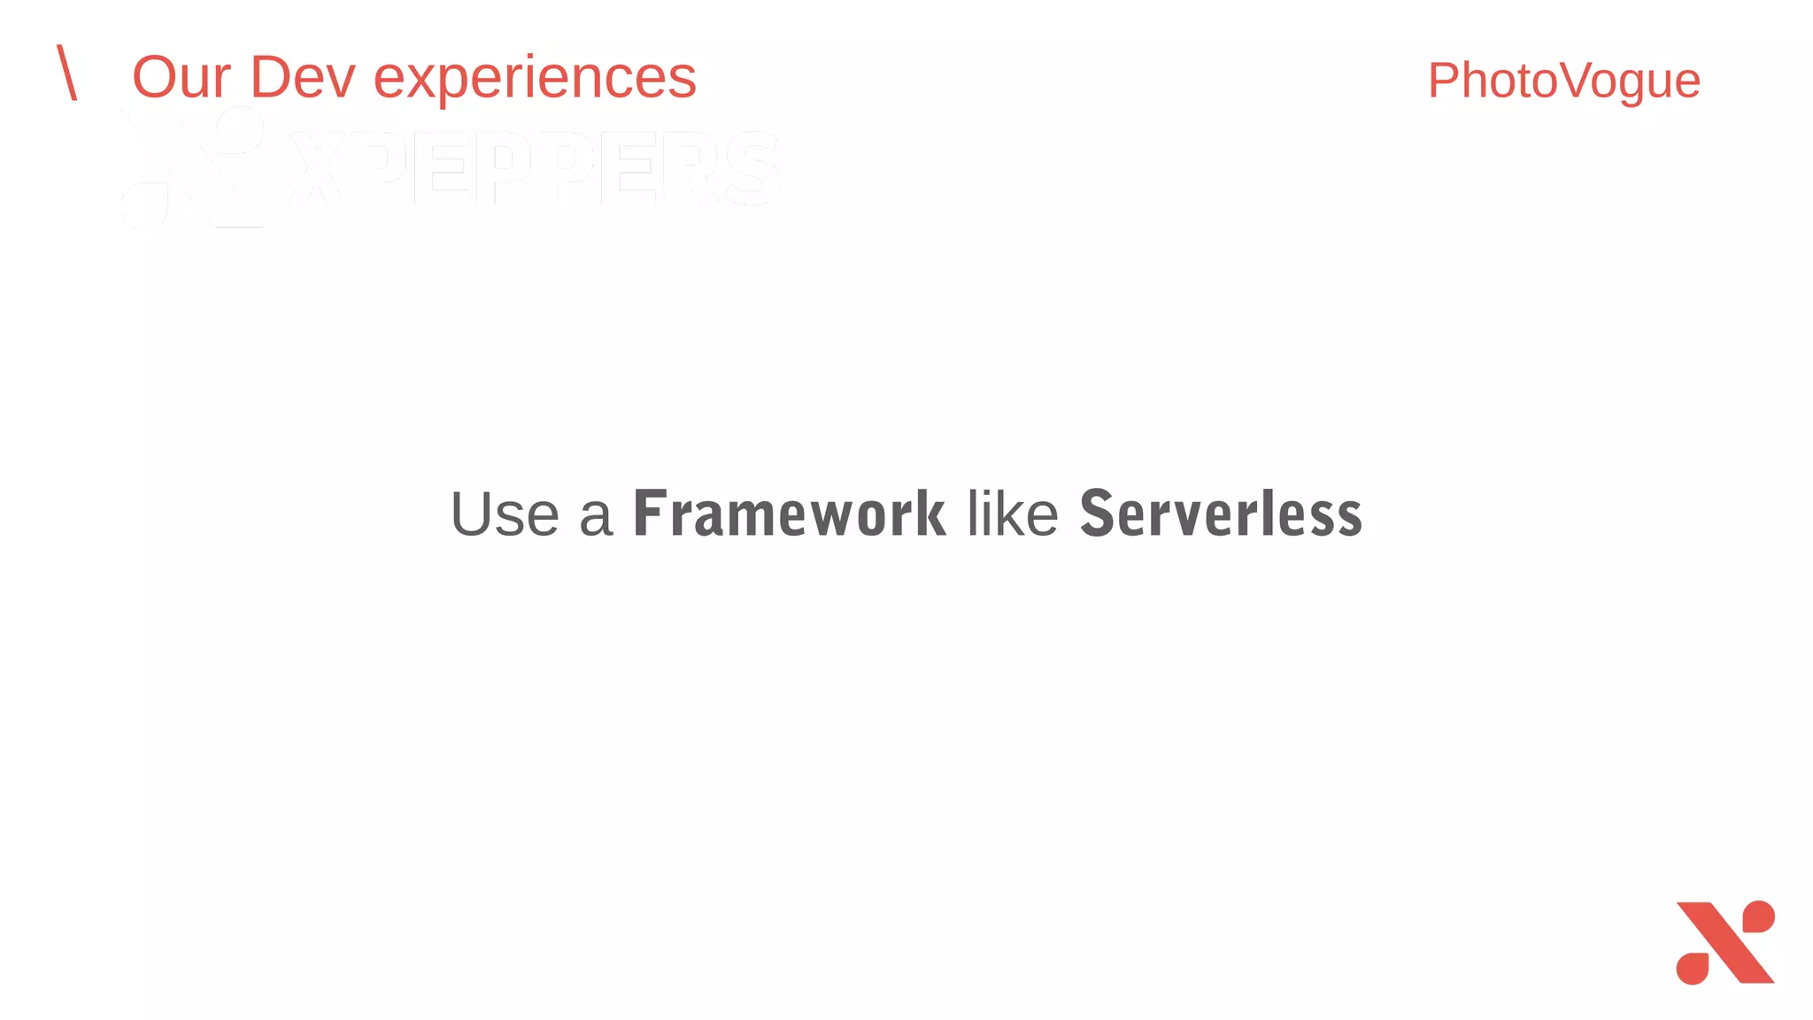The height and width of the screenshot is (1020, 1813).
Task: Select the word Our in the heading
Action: [181, 78]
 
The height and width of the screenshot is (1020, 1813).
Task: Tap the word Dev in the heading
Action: [303, 78]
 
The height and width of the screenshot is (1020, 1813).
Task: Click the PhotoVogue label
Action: [1563, 81]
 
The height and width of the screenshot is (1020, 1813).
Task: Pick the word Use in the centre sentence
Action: [505, 514]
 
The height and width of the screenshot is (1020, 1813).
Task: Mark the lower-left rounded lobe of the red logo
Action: [1693, 968]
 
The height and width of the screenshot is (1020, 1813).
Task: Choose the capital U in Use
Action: [472, 514]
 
